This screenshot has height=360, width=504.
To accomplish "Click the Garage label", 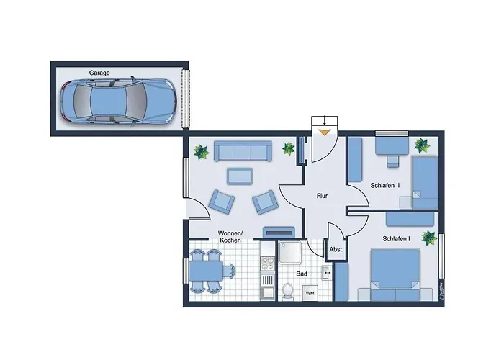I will coord(99,73).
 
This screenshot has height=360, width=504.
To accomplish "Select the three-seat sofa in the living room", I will coord(243,152).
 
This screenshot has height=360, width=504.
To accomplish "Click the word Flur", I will coord(323,195).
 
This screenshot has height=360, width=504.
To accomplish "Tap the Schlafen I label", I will coord(397,238).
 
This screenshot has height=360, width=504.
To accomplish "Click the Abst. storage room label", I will coord(336,250).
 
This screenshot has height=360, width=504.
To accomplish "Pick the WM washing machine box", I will coord(310,294).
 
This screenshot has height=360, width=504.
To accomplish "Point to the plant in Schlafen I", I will coord(430,238).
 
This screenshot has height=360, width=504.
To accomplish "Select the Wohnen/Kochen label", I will coord(230,236).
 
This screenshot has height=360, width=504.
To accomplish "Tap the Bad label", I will coord(302,274).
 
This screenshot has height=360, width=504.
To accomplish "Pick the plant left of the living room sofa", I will coord(201,152).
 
